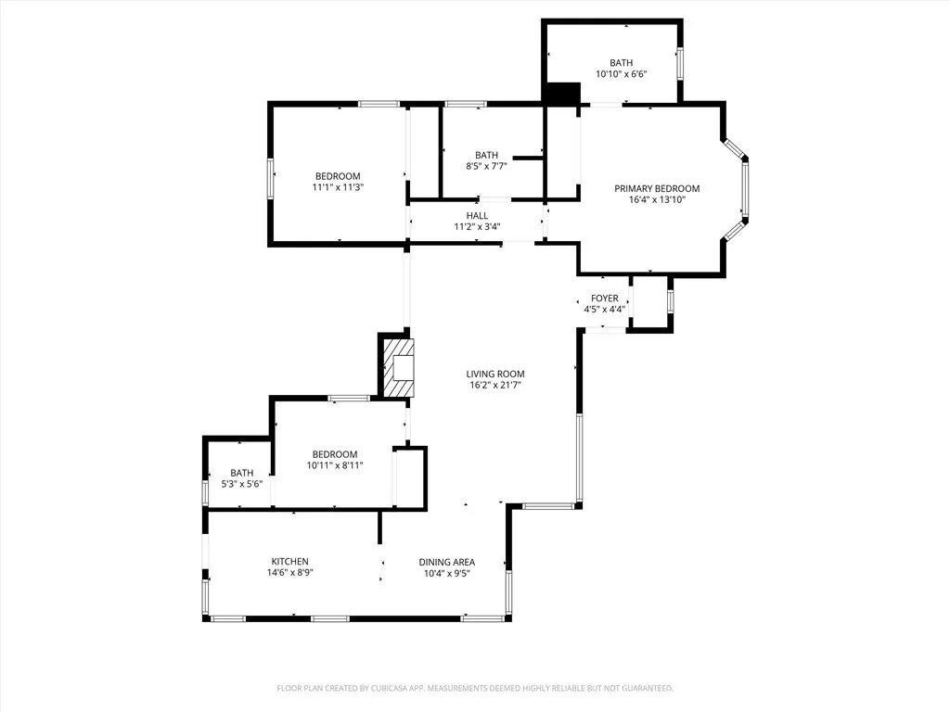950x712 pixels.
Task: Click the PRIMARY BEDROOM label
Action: point(657,188)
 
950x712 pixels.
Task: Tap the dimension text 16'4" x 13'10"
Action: point(657,199)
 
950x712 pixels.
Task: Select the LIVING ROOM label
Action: point(494,374)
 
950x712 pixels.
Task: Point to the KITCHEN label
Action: point(289,562)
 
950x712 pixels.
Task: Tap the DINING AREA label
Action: point(447,562)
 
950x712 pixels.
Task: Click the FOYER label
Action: point(604,299)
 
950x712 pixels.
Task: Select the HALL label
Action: point(477,216)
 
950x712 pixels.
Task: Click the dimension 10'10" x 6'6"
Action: point(621,74)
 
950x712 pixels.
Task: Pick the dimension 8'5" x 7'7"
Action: point(486,167)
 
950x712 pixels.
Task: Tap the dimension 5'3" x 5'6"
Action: point(241,484)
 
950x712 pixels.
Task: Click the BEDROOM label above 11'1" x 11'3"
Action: point(338,176)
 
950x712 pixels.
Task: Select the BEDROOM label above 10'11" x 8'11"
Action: point(334,454)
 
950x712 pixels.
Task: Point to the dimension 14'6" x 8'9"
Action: point(289,573)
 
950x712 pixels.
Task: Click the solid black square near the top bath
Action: point(562,94)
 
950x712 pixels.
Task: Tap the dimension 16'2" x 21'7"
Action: point(494,385)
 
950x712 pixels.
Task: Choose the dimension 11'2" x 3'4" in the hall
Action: point(477,227)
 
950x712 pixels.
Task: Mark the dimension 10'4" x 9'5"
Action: point(447,573)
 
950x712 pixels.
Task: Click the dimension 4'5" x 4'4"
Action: point(604,310)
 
